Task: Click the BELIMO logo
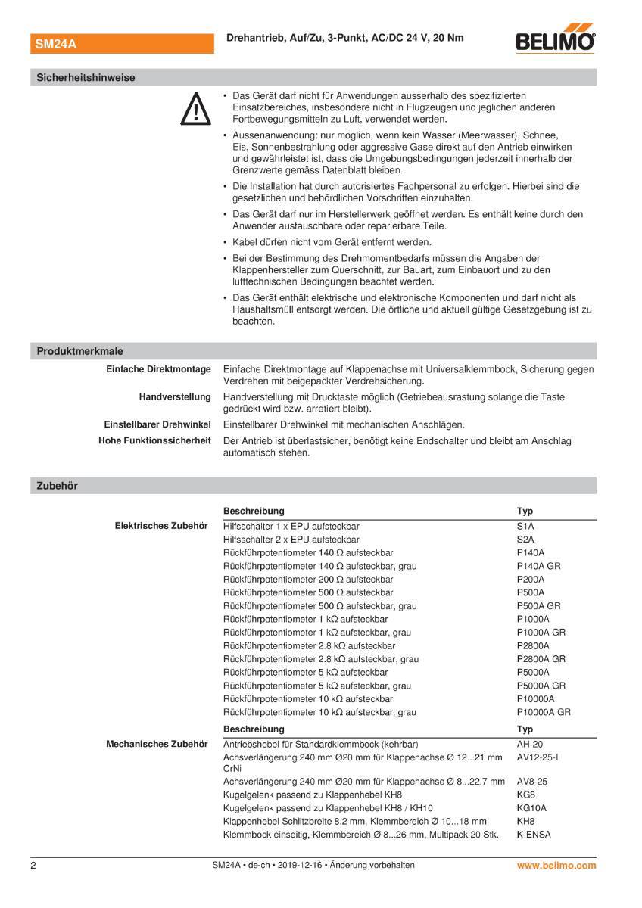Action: tap(555, 42)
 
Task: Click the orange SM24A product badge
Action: tap(56, 44)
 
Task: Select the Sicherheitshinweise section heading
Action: tap(86, 77)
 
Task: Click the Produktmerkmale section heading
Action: tap(79, 351)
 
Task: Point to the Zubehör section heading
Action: tap(57, 486)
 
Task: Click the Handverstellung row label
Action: tap(174, 396)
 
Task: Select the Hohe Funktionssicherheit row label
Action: tap(154, 440)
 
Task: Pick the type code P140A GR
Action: tap(538, 566)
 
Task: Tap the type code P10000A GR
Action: tap(543, 712)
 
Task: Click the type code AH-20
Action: tap(529, 744)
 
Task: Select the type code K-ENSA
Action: tap(534, 835)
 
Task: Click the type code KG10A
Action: tap(531, 807)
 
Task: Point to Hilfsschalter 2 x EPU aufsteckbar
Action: tap(291, 540)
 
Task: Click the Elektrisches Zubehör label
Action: tap(160, 526)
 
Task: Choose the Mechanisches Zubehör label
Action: tap(156, 744)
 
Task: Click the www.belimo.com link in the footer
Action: tap(556, 865)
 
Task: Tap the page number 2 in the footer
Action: tap(33, 865)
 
